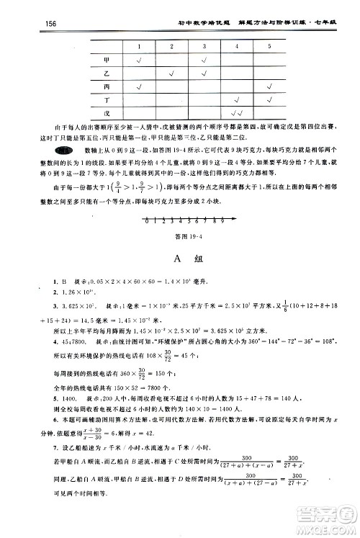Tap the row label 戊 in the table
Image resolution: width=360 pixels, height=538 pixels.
(x=107, y=113)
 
